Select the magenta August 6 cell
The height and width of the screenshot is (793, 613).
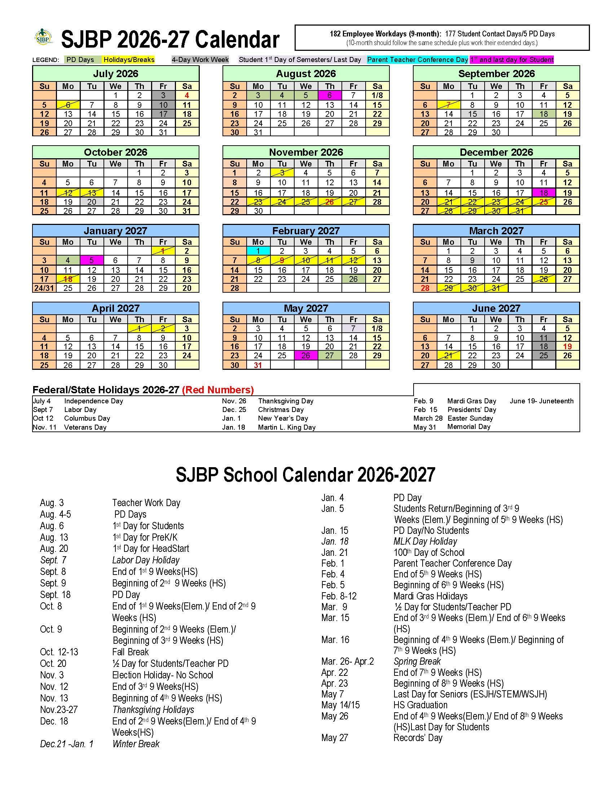[329, 96]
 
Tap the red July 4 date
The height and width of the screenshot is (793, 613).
[187, 96]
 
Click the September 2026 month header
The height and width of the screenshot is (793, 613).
[496, 74]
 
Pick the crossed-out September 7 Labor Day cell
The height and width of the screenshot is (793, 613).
[448, 105]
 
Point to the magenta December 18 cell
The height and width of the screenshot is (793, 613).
[543, 192]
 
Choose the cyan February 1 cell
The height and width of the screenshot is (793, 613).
[258, 251]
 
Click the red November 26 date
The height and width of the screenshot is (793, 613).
[329, 202]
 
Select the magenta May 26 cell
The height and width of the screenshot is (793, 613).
[305, 355]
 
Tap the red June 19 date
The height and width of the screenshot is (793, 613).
[567, 346]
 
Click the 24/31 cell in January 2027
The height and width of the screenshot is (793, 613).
[44, 288]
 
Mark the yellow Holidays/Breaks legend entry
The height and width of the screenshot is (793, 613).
[129, 60]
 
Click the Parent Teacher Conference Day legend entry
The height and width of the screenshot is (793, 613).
[417, 60]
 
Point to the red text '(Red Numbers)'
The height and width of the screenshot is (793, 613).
[217, 390]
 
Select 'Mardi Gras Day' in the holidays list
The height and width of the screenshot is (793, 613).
[471, 401]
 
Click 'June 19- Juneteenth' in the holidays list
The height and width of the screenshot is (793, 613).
[542, 401]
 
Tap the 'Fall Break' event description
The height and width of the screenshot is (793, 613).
[131, 652]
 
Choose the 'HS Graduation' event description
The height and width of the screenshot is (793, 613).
[420, 705]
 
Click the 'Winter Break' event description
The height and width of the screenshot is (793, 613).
[136, 744]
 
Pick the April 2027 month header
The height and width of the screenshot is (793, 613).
[115, 308]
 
